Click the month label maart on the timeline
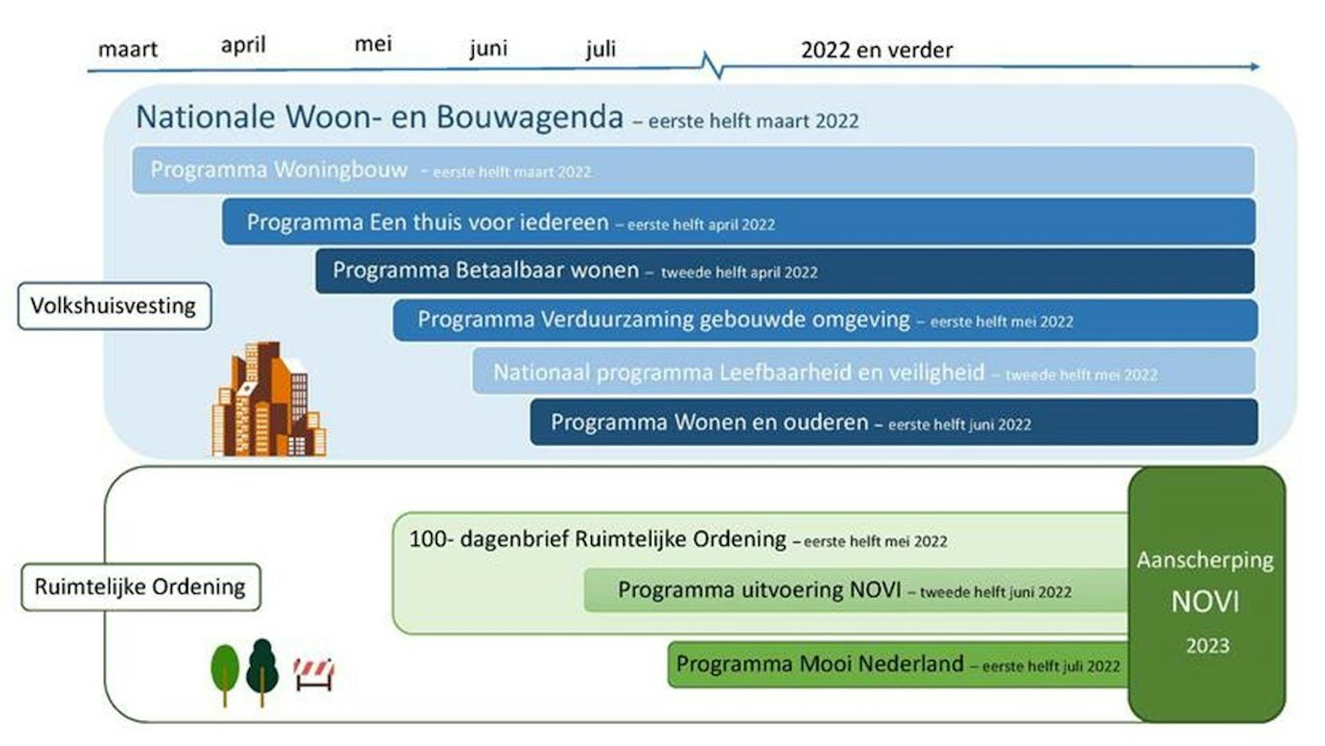pyautogui.click(x=128, y=50)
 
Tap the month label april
pyautogui.click(x=243, y=46)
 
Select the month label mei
pyautogui.click(x=373, y=44)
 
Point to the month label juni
pyautogui.click(x=488, y=49)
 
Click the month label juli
pyautogui.click(x=600, y=49)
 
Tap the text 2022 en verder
pyautogui.click(x=876, y=50)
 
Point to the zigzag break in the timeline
pyautogui.click(x=712, y=66)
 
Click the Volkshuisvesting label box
pyautogui.click(x=115, y=306)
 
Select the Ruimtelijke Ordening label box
pyautogui.click(x=141, y=587)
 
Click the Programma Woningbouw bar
pyautogui.click(x=693, y=170)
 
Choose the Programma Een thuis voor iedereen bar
pyautogui.click(x=738, y=222)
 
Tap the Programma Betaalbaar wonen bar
pyautogui.click(x=785, y=271)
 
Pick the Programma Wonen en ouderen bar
pyautogui.click(x=894, y=422)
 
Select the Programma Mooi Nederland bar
pyautogui.click(x=898, y=664)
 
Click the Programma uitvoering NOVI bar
pyautogui.click(x=856, y=590)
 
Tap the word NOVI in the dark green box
pyautogui.click(x=1205, y=602)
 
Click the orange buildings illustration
pyautogui.click(x=269, y=400)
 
